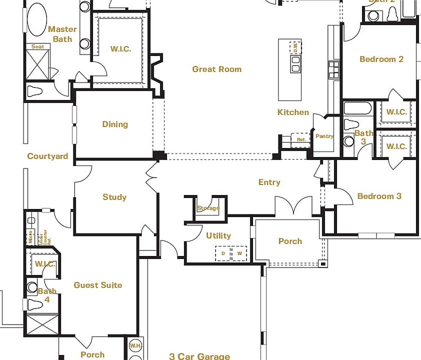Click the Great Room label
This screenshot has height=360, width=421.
coord(216,69)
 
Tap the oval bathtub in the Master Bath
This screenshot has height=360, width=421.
coord(37,19)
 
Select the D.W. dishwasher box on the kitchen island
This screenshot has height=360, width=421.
coord(295,47)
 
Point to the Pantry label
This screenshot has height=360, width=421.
coord(324,136)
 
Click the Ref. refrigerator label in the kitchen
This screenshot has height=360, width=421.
coord(301,139)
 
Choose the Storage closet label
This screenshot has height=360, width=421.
coord(208,208)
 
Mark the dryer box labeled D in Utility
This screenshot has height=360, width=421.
coord(223,254)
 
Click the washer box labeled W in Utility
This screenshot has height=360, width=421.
coord(239,254)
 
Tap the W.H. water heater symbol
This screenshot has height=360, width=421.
coord(135,346)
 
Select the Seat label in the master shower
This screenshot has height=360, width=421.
coord(37,46)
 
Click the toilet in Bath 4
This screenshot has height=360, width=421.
coord(34,304)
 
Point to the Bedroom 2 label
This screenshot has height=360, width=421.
coord(381,59)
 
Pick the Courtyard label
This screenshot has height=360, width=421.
coord(47,156)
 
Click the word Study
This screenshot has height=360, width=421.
coord(114,197)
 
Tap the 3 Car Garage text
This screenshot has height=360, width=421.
coord(199,356)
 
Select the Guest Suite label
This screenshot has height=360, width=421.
coord(98,285)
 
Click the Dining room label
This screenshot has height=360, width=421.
coord(115,124)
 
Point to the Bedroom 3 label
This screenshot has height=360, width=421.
coord(379,196)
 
